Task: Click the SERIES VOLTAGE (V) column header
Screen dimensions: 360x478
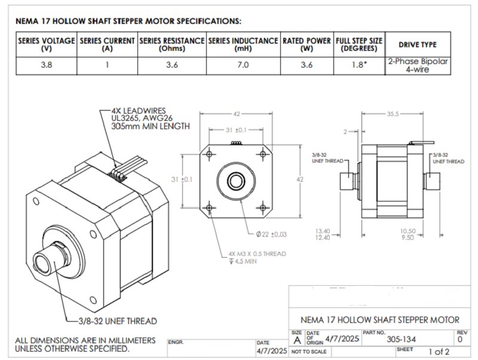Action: [x=47, y=44]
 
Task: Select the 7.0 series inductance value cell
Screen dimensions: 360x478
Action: [x=243, y=65]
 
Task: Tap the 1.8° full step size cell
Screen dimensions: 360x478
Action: [x=358, y=65]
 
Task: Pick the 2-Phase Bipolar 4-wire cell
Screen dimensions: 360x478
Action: [x=418, y=65]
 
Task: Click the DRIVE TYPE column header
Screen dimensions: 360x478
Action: [x=418, y=44]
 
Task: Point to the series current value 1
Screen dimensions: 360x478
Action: [x=108, y=65]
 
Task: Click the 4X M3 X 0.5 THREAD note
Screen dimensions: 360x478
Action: [x=257, y=254]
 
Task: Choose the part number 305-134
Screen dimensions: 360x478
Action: [x=401, y=339]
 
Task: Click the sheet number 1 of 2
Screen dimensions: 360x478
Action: [x=439, y=352]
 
